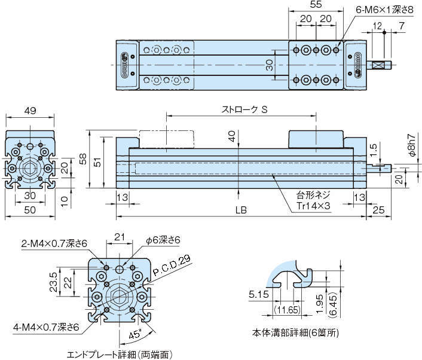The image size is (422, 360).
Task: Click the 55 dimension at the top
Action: click(x=316, y=5)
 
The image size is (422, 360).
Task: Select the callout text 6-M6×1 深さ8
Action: click(x=386, y=10)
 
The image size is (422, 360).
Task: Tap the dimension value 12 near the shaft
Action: click(x=377, y=25)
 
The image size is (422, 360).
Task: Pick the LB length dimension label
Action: click(x=241, y=210)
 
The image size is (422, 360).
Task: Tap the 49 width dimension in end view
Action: click(x=29, y=110)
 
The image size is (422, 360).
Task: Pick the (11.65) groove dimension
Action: click(x=287, y=309)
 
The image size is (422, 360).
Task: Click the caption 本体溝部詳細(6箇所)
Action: click(x=295, y=332)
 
